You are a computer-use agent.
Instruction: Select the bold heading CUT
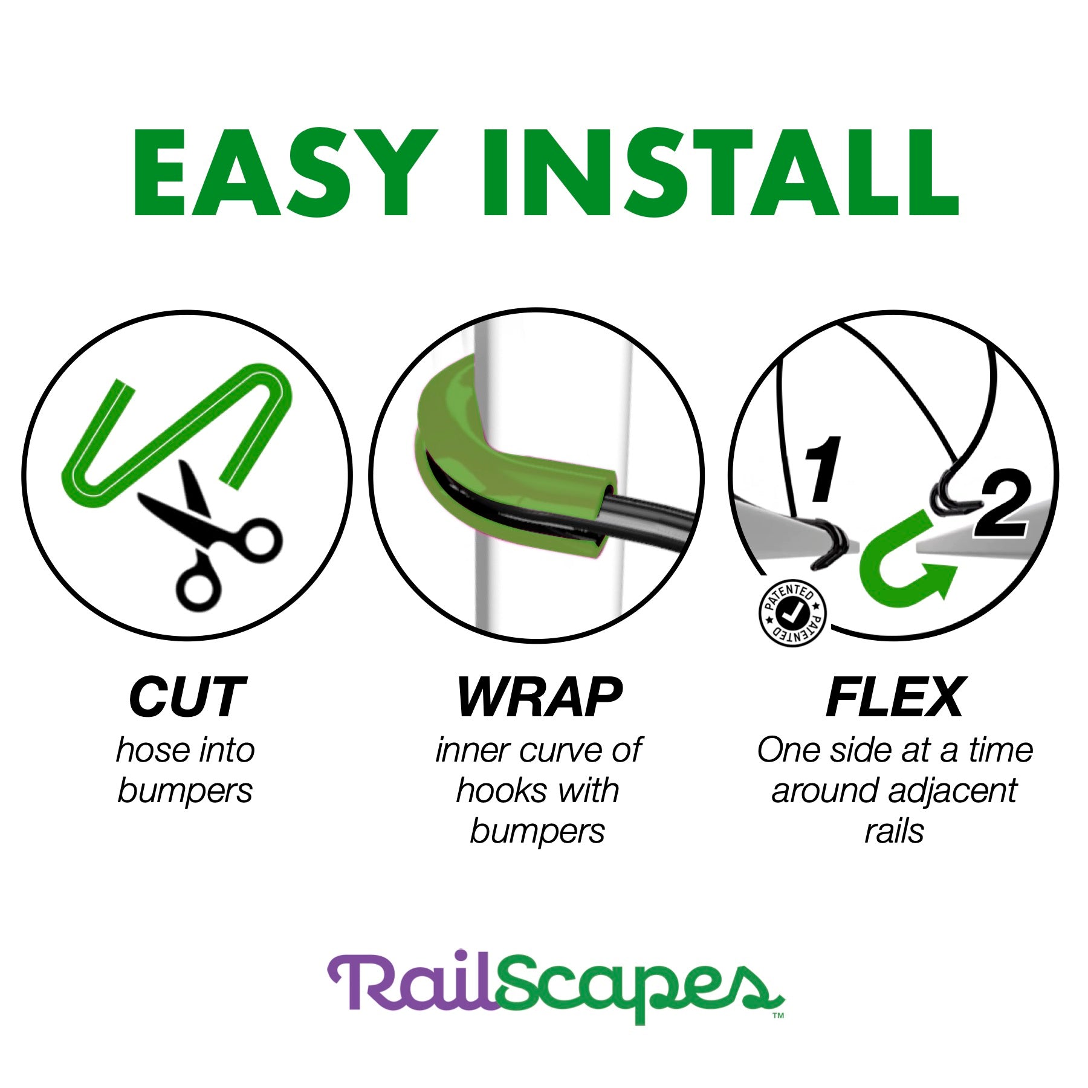click(x=187, y=698)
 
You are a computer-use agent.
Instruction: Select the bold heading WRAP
click(x=539, y=698)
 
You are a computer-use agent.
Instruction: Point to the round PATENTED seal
click(x=792, y=614)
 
